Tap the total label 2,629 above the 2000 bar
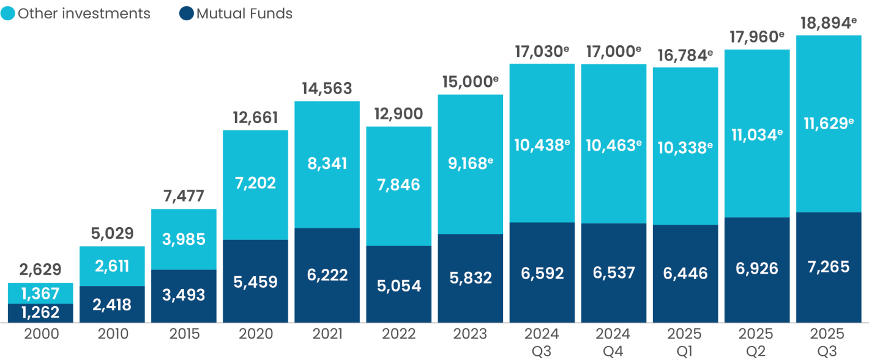(x=40, y=270)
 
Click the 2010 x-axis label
(x=112, y=334)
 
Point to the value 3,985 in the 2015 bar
(x=183, y=239)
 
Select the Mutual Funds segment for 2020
(x=255, y=281)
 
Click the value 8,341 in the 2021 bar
(x=327, y=163)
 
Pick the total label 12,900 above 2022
(x=398, y=113)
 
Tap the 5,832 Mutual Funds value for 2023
(x=470, y=279)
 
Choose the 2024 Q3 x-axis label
(x=542, y=341)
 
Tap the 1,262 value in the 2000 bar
(x=40, y=312)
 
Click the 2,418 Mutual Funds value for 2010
(x=112, y=304)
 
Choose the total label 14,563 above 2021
(x=327, y=88)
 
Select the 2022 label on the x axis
(x=398, y=334)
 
